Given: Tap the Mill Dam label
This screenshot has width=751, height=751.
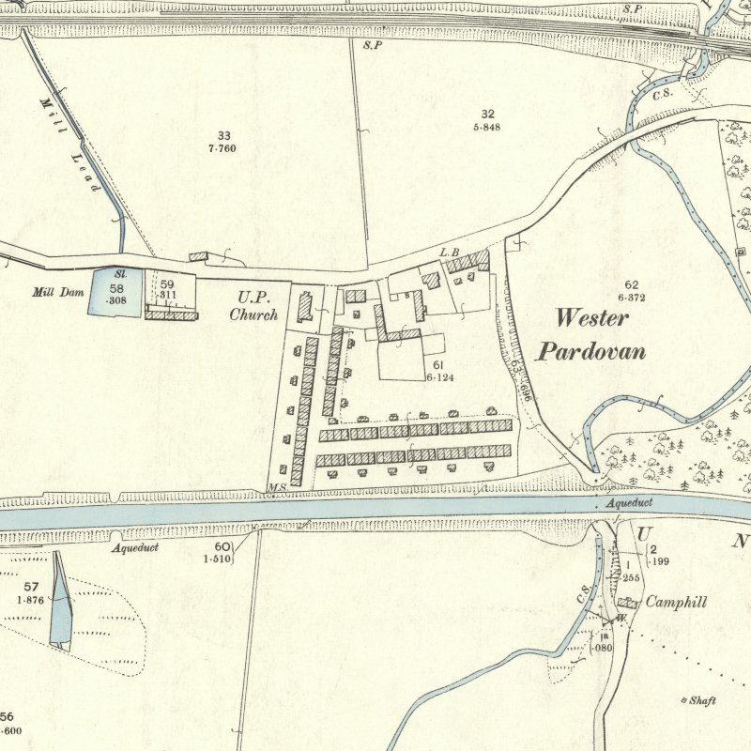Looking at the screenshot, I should click(x=58, y=292).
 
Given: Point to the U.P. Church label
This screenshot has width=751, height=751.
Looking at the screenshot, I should click(x=253, y=307).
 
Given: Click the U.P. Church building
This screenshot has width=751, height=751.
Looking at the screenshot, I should click(x=304, y=307).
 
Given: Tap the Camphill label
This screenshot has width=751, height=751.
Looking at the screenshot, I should click(x=675, y=603).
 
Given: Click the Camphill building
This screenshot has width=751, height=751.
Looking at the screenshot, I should click(x=627, y=604).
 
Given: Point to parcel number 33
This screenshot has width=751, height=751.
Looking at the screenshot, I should click(x=222, y=136).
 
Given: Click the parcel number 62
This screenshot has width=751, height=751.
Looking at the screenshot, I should click(x=631, y=284).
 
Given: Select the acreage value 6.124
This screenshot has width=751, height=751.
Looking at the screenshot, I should click(x=442, y=376).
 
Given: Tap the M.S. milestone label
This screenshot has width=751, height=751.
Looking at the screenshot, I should click(x=276, y=487).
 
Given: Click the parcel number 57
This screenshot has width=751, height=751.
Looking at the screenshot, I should click(x=31, y=588).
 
